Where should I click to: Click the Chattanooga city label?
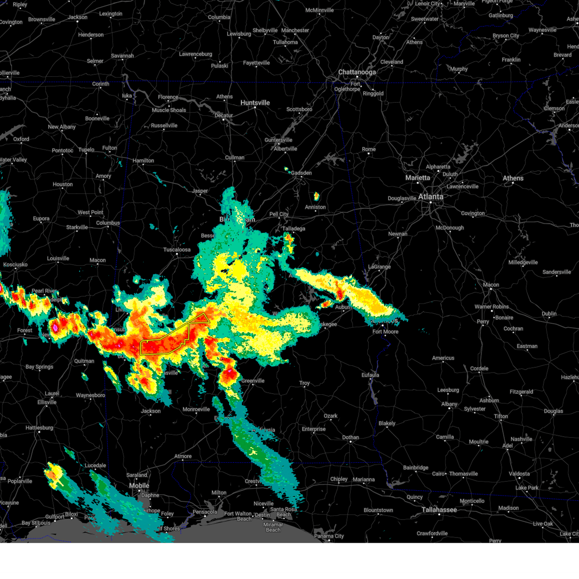[x=357, y=72]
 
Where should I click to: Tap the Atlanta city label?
[x=430, y=197]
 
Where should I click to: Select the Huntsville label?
[x=255, y=103]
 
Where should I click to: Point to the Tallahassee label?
[x=439, y=510]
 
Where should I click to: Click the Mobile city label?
[x=139, y=486]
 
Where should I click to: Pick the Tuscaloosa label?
[x=177, y=250]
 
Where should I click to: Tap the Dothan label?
[x=351, y=438]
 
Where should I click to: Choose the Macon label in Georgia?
[x=491, y=285]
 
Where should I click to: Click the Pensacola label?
[x=205, y=512]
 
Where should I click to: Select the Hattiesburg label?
[x=39, y=428]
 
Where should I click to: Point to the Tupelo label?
[x=86, y=150]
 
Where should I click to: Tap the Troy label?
[x=304, y=384]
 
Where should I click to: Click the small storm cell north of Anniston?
[x=317, y=196]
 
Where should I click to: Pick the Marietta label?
[x=417, y=178]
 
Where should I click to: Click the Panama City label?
[x=329, y=536]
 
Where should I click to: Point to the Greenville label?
[x=253, y=381]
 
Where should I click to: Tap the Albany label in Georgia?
[x=449, y=404]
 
